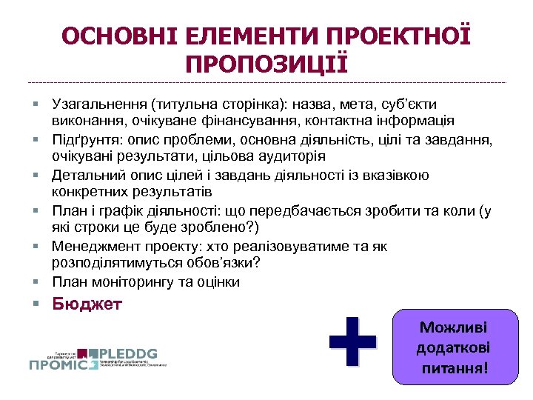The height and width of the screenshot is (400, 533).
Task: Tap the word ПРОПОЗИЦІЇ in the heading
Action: [x=266, y=64]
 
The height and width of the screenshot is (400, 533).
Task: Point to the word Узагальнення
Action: [x=98, y=104]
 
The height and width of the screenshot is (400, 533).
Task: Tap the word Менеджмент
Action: [x=94, y=247]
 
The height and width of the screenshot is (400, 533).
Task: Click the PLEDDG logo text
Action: [x=131, y=353]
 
